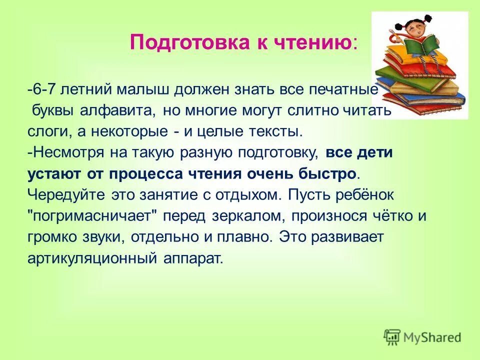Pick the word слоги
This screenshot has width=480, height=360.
[x=44, y=131]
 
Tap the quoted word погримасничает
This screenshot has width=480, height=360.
[x=92, y=216]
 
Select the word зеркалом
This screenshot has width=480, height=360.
[x=252, y=216]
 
